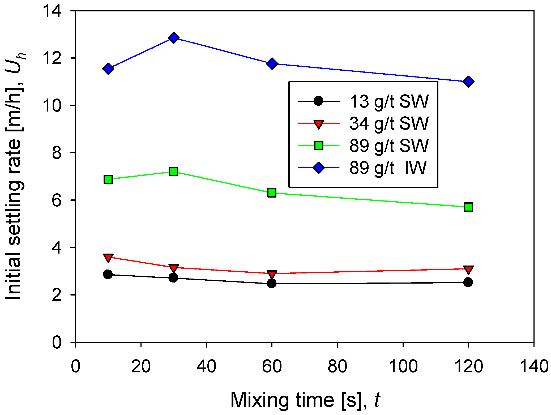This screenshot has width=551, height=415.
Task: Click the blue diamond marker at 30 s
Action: (x=174, y=38)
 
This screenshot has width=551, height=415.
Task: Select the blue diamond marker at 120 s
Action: (x=468, y=82)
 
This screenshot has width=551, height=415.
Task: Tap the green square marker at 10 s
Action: (x=108, y=179)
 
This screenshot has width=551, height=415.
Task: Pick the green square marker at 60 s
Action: (x=272, y=193)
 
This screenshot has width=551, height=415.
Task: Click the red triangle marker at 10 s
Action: (x=108, y=258)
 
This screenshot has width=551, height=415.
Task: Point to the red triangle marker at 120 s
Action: (x=468, y=269)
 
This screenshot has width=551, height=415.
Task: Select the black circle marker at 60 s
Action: (x=272, y=283)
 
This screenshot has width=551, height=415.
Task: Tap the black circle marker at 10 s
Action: (x=108, y=274)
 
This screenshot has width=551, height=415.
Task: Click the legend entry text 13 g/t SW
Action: (x=389, y=101)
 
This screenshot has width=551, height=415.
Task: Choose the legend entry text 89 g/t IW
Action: (x=388, y=168)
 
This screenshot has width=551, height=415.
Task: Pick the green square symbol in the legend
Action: (x=318, y=146)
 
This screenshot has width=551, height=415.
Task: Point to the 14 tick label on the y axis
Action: (x=53, y=11)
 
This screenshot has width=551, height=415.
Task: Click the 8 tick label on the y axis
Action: (x=57, y=153)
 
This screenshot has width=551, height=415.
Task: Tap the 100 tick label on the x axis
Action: (x=403, y=366)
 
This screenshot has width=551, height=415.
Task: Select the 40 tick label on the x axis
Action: (x=206, y=366)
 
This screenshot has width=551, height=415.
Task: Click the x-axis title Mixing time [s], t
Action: (x=305, y=400)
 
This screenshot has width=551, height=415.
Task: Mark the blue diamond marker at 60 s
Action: (x=272, y=63)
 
